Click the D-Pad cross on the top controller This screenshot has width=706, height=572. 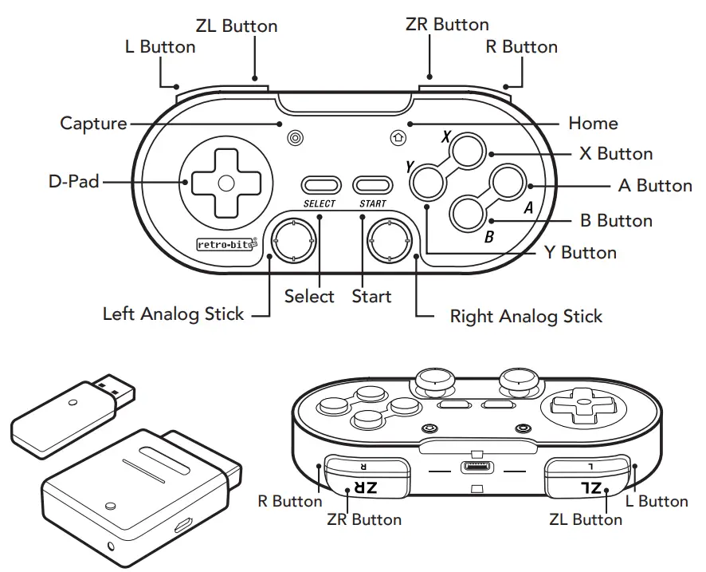pos(226,183)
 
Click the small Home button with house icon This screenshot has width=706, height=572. pos(398,137)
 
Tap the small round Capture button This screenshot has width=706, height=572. pos(295,137)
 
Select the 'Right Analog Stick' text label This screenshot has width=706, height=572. pos(526,316)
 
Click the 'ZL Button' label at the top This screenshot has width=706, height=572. pos(238,26)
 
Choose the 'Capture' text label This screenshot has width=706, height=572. pos(93,124)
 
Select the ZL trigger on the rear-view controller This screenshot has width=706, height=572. pos(587,487)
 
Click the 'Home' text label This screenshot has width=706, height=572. pos(593,124)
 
